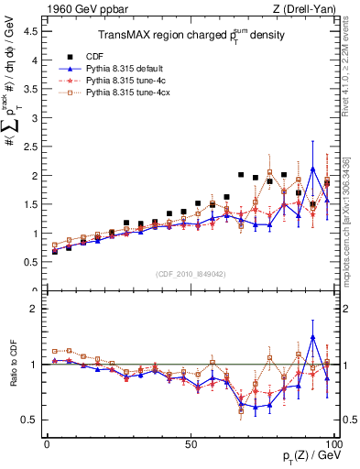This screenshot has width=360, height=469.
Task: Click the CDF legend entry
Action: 90,56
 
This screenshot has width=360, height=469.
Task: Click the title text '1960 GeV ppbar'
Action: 78,9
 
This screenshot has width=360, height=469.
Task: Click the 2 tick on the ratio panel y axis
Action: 35,309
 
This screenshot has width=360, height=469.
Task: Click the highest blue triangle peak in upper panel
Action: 313,169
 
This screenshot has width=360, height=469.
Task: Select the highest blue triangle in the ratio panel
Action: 313,336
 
